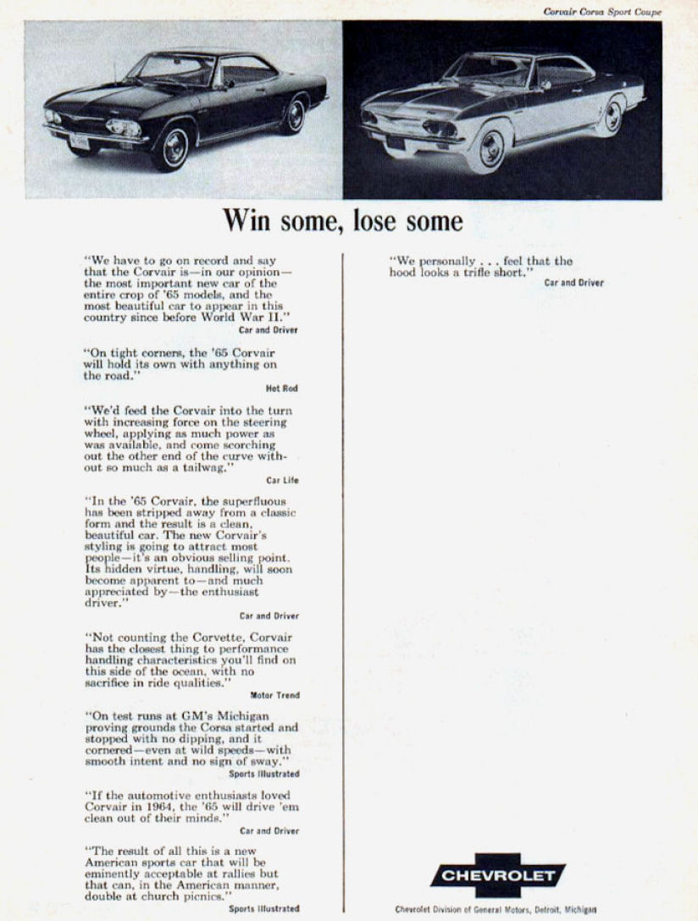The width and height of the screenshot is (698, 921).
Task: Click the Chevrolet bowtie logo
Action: [x=496, y=875]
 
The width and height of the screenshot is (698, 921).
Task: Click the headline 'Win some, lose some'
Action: [x=343, y=222]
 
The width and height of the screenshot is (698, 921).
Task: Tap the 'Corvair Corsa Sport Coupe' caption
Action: [x=602, y=11]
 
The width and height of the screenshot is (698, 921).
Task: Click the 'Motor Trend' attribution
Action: [x=274, y=695]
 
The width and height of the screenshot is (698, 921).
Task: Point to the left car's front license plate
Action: [x=80, y=141]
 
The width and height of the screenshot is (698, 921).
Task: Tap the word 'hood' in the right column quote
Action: [x=407, y=273]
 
